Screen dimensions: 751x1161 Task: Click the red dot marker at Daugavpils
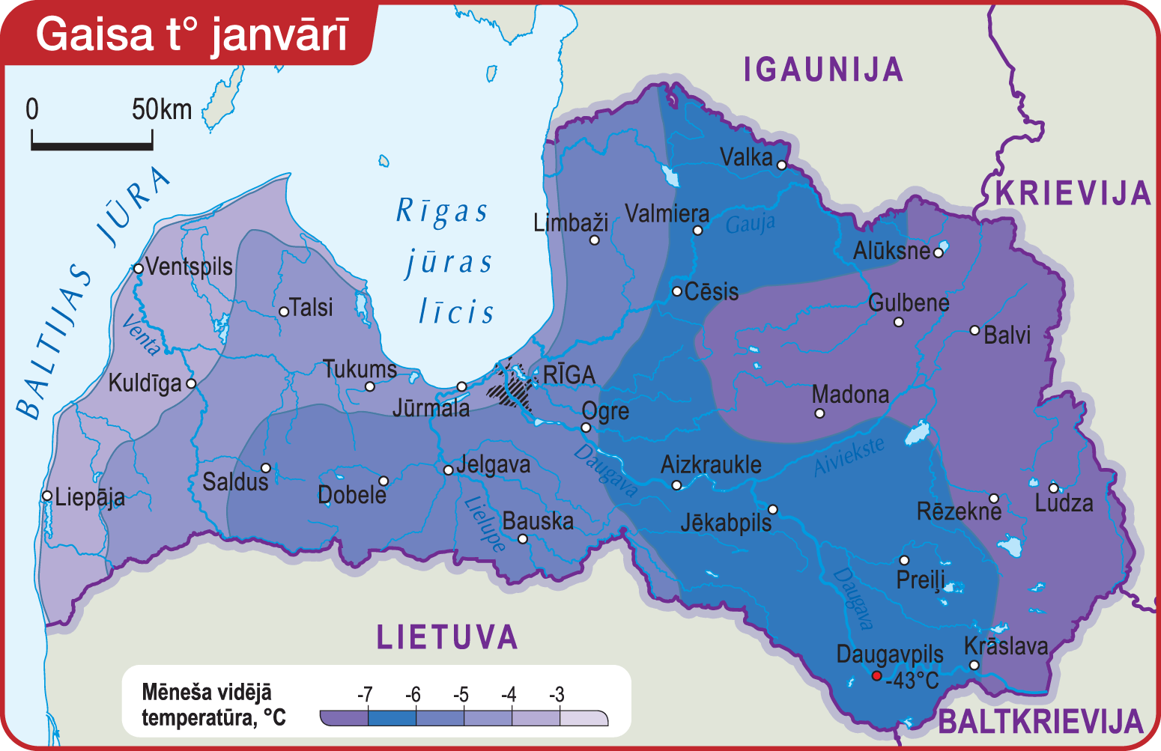(x=876, y=675)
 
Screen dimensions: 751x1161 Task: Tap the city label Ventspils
(x=189, y=267)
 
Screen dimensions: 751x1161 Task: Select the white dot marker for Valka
(x=781, y=165)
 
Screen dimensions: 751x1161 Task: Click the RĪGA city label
(x=569, y=374)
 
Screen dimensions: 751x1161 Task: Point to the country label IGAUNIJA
(x=823, y=70)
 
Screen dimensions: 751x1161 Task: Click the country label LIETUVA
(x=447, y=637)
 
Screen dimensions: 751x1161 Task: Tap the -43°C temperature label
(x=912, y=681)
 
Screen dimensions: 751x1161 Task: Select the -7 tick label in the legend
(x=365, y=694)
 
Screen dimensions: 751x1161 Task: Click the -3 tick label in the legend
(x=556, y=694)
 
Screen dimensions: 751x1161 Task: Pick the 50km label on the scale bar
(x=162, y=109)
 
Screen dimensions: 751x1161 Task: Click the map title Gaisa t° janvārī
(x=192, y=34)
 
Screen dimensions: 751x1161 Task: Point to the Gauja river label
(x=750, y=224)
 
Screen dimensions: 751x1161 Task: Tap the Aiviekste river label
(x=849, y=456)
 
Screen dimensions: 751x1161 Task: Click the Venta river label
(x=141, y=335)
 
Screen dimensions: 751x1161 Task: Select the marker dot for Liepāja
(x=47, y=496)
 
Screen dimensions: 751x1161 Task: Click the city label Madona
(x=850, y=394)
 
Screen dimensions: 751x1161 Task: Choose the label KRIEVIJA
(x=1073, y=193)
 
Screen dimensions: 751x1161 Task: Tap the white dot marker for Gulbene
(x=898, y=322)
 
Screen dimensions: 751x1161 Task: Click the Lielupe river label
(x=485, y=524)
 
